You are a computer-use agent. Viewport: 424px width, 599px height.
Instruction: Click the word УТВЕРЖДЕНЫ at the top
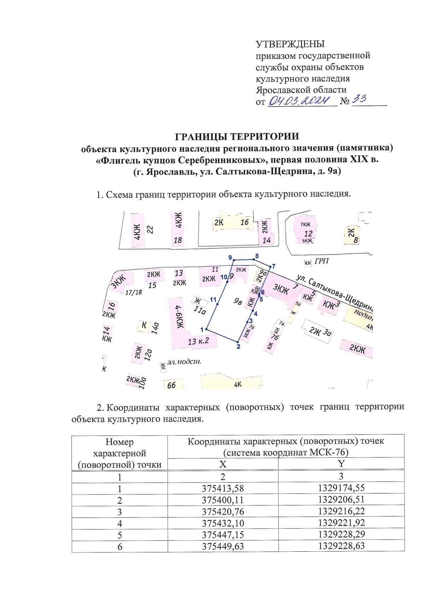pyautogui.click(x=290, y=44)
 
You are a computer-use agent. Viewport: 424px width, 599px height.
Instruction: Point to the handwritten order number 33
pyautogui.click(x=359, y=99)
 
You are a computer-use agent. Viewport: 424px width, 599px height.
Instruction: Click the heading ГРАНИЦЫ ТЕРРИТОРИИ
pyautogui.click(x=237, y=137)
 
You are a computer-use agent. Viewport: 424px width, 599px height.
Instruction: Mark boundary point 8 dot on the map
pyautogui.click(x=254, y=259)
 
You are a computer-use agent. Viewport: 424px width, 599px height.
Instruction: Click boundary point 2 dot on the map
pyautogui.click(x=237, y=342)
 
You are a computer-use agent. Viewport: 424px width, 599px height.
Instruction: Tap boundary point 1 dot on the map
pyautogui.click(x=206, y=330)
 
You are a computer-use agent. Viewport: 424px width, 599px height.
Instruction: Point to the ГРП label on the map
pyautogui.click(x=322, y=261)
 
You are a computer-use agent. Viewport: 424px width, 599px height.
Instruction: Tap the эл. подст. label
pyautogui.click(x=184, y=362)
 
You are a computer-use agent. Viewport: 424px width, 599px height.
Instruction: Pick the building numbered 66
pyautogui.click(x=172, y=385)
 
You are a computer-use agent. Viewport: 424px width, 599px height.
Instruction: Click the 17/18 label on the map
pyautogui.click(x=134, y=292)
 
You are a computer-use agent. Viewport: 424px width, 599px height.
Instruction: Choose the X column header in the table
pyautogui.click(x=223, y=464)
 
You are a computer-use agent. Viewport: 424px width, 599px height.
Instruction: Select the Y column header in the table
pyautogui.click(x=341, y=463)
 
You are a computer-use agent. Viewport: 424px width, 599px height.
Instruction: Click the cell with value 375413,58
pyautogui.click(x=223, y=489)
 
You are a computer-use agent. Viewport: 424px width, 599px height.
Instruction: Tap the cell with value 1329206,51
pyautogui.click(x=341, y=500)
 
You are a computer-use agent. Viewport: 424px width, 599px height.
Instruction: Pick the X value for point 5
pyautogui.click(x=223, y=535)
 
